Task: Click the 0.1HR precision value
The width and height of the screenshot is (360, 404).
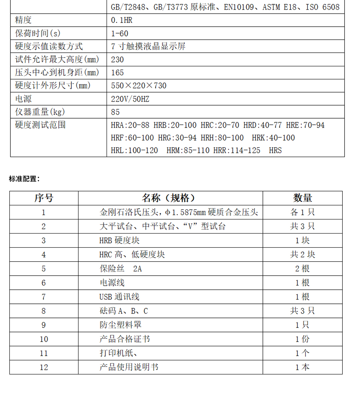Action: tap(122, 20)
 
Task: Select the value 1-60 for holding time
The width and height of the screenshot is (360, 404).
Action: tap(120, 34)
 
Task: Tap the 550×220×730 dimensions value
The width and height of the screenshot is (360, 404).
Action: tap(139, 86)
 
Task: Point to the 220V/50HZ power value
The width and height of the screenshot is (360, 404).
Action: tap(130, 99)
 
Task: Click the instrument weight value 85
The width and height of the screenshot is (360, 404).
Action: tap(116, 112)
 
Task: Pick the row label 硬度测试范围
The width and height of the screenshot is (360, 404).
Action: tap(40, 125)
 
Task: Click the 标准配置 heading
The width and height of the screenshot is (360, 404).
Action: tap(24, 178)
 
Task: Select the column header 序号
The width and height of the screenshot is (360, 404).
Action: tap(44, 198)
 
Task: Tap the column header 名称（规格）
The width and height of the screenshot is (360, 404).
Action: tap(171, 198)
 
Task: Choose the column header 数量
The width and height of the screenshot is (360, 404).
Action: tap(302, 198)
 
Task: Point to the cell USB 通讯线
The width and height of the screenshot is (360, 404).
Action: tap(119, 297)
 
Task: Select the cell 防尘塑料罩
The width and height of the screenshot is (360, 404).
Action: tap(120, 325)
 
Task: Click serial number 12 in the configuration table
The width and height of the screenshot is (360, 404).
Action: tap(44, 368)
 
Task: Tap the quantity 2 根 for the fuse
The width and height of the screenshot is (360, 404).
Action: tap(302, 268)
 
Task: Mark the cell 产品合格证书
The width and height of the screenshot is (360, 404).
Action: tap(125, 339)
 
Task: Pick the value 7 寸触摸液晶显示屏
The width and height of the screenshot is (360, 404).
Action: tap(148, 46)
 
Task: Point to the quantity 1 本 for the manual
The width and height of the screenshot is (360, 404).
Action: tap(302, 368)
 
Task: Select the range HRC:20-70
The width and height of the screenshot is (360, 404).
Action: tap(220, 125)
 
